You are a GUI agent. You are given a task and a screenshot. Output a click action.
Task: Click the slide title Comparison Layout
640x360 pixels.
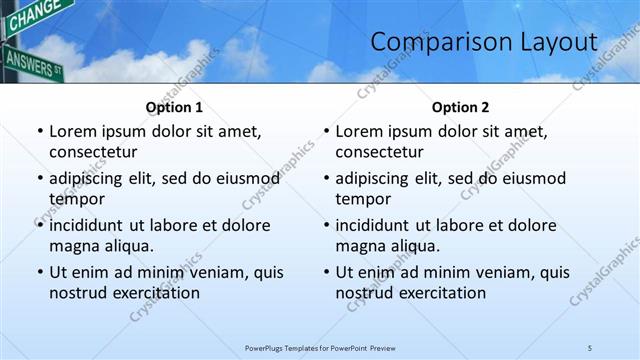484,42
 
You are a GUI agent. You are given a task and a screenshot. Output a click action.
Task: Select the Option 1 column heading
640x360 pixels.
174,107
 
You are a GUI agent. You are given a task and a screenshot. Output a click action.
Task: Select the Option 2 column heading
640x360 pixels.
460,107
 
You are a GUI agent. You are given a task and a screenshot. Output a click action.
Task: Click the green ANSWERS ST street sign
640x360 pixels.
32,62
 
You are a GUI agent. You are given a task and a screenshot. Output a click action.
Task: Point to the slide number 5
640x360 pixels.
590,347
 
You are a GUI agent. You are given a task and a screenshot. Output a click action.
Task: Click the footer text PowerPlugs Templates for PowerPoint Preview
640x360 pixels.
320,347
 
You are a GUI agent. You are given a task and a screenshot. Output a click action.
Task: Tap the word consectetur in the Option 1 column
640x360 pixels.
93,152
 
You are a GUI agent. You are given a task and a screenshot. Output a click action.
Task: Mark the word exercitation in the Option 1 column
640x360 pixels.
156,293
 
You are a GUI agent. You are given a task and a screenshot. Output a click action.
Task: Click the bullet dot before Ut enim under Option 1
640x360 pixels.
39,272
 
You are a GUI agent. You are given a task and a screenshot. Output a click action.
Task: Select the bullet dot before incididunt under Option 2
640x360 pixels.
325,225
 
